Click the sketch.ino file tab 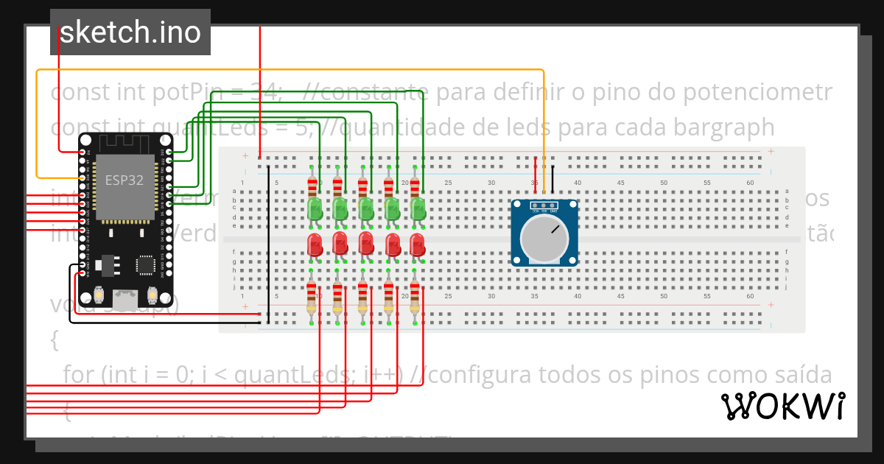pyautogui.click(x=130, y=32)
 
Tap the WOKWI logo pyautogui.click(x=782, y=407)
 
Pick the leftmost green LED pyautogui.click(x=315, y=207)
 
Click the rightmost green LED pyautogui.click(x=418, y=207)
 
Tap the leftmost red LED pyautogui.click(x=315, y=243)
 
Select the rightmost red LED pyautogui.click(x=418, y=243)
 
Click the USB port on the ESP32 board pyautogui.click(x=124, y=298)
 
